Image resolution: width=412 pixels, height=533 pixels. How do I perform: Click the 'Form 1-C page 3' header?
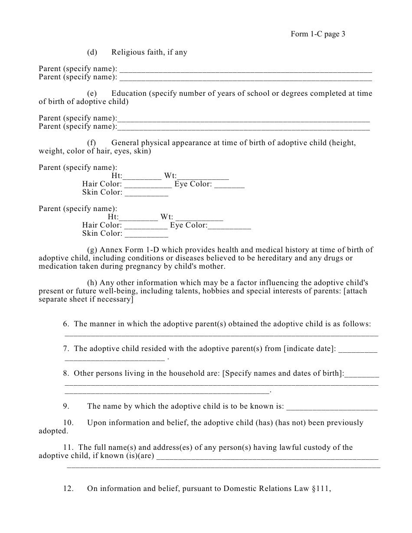tap(317, 34)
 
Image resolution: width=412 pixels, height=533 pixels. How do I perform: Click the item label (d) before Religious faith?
tap(92, 52)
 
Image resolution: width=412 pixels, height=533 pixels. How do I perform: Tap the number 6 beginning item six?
tap(65, 324)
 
